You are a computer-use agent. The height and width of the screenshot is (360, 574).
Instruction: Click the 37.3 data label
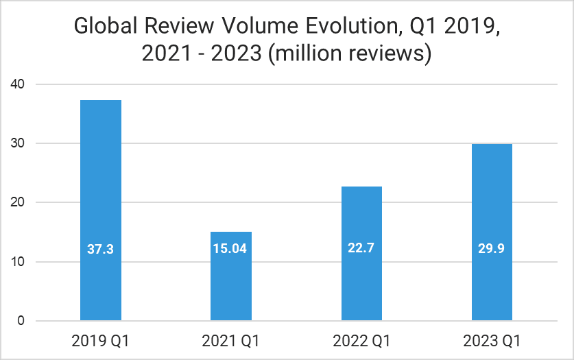[x=101, y=249]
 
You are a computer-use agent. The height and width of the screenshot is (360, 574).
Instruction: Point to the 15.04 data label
[x=231, y=249]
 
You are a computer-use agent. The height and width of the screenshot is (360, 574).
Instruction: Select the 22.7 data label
[x=361, y=249]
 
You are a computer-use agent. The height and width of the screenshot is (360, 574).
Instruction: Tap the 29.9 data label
[x=492, y=249]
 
